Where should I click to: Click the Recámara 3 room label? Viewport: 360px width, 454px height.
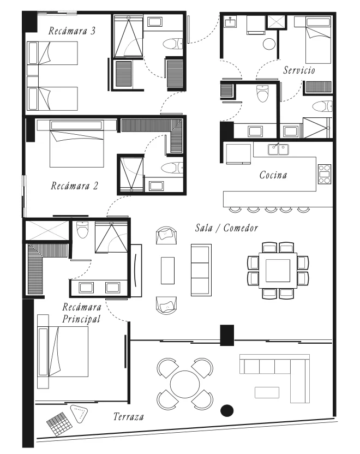point(72,31)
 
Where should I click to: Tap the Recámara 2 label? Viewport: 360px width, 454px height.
point(74,186)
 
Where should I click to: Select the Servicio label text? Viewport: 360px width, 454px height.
point(299,70)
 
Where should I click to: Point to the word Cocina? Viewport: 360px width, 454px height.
point(273,175)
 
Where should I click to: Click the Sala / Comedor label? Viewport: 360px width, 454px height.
point(226,228)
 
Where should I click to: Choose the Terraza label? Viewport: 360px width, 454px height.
point(129,417)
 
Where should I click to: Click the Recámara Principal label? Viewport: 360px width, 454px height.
point(82,313)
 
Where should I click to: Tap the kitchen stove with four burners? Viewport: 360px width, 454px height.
point(325,174)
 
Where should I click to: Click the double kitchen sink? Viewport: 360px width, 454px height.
point(278,150)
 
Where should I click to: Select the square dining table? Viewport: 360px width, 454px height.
point(278,271)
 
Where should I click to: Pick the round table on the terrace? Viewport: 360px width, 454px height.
point(185,385)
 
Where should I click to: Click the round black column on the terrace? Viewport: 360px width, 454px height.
point(227,410)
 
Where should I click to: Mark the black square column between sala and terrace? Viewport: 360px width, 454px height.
point(227,335)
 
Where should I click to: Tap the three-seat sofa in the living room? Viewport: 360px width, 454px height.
point(201,270)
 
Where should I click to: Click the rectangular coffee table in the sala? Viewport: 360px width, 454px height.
point(168,271)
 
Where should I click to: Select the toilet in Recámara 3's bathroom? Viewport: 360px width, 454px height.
point(173,44)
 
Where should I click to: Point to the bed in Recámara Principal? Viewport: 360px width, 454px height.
point(63,351)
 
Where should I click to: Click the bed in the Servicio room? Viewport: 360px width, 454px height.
point(319,40)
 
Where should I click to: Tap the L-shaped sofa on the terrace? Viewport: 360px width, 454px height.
point(274,379)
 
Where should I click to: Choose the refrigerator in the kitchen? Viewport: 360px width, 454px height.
point(238,154)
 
